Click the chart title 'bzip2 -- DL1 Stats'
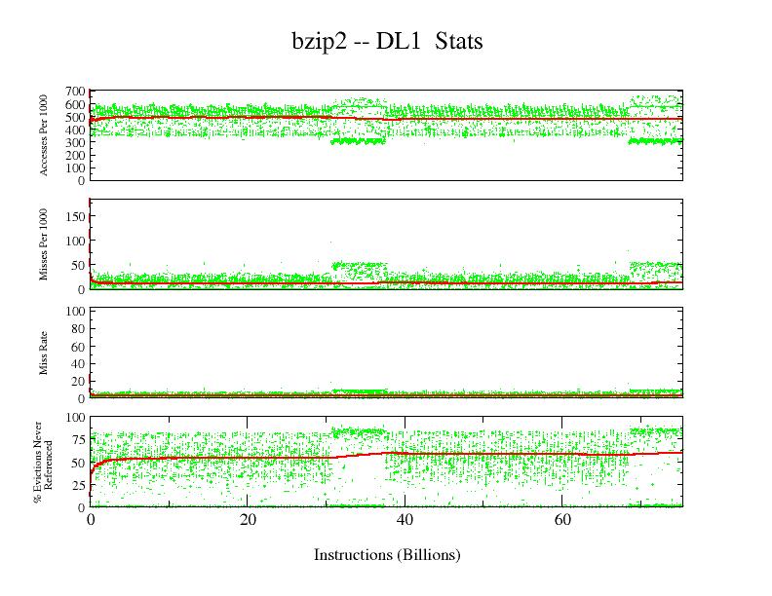pyautogui.click(x=387, y=41)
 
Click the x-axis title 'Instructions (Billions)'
pyautogui.click(x=387, y=555)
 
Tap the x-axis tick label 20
pyautogui.click(x=248, y=521)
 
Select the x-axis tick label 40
pyautogui.click(x=405, y=521)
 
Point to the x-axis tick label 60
pyautogui.click(x=563, y=521)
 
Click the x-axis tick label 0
pyautogui.click(x=91, y=521)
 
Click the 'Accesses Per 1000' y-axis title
pyautogui.click(x=44, y=135)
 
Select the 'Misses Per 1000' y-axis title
pyautogui.click(x=44, y=244)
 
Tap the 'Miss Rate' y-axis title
pyautogui.click(x=44, y=354)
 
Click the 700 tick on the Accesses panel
pyautogui.click(x=76, y=92)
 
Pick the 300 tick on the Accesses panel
pyautogui.click(x=76, y=142)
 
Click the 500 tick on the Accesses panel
pyautogui.click(x=76, y=117)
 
